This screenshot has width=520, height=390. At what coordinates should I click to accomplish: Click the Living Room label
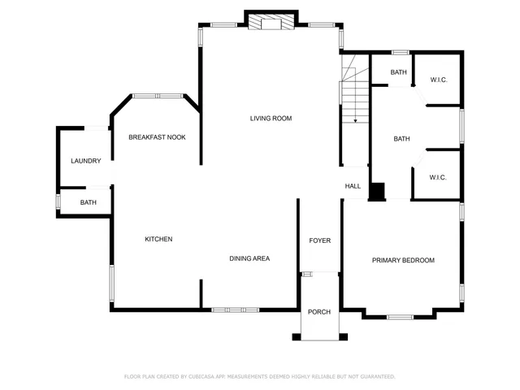click(271, 119)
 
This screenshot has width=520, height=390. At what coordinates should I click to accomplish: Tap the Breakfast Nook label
click(157, 137)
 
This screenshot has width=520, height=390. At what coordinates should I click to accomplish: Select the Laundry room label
click(85, 161)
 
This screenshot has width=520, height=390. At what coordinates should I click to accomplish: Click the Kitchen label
click(158, 239)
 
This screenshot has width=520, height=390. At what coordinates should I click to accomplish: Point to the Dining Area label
click(249, 258)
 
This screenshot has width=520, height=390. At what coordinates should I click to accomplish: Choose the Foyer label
click(319, 240)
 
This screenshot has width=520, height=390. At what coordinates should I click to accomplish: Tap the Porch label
click(319, 312)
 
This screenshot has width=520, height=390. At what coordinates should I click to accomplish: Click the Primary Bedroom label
click(403, 260)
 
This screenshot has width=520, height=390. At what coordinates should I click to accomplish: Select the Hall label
click(353, 186)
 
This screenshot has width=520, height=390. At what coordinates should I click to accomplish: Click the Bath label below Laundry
click(88, 202)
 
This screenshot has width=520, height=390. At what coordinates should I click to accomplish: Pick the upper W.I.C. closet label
click(439, 80)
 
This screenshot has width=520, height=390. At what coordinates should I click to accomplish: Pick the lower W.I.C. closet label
click(439, 177)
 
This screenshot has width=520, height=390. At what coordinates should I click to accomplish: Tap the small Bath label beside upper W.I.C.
click(398, 72)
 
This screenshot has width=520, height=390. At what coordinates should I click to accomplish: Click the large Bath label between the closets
click(401, 139)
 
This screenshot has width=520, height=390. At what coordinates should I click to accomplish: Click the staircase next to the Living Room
click(354, 93)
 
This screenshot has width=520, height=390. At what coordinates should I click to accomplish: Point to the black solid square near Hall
click(377, 192)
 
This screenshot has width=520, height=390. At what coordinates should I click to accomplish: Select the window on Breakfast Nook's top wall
click(158, 96)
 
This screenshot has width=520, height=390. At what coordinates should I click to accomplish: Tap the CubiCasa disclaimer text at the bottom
click(259, 376)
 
